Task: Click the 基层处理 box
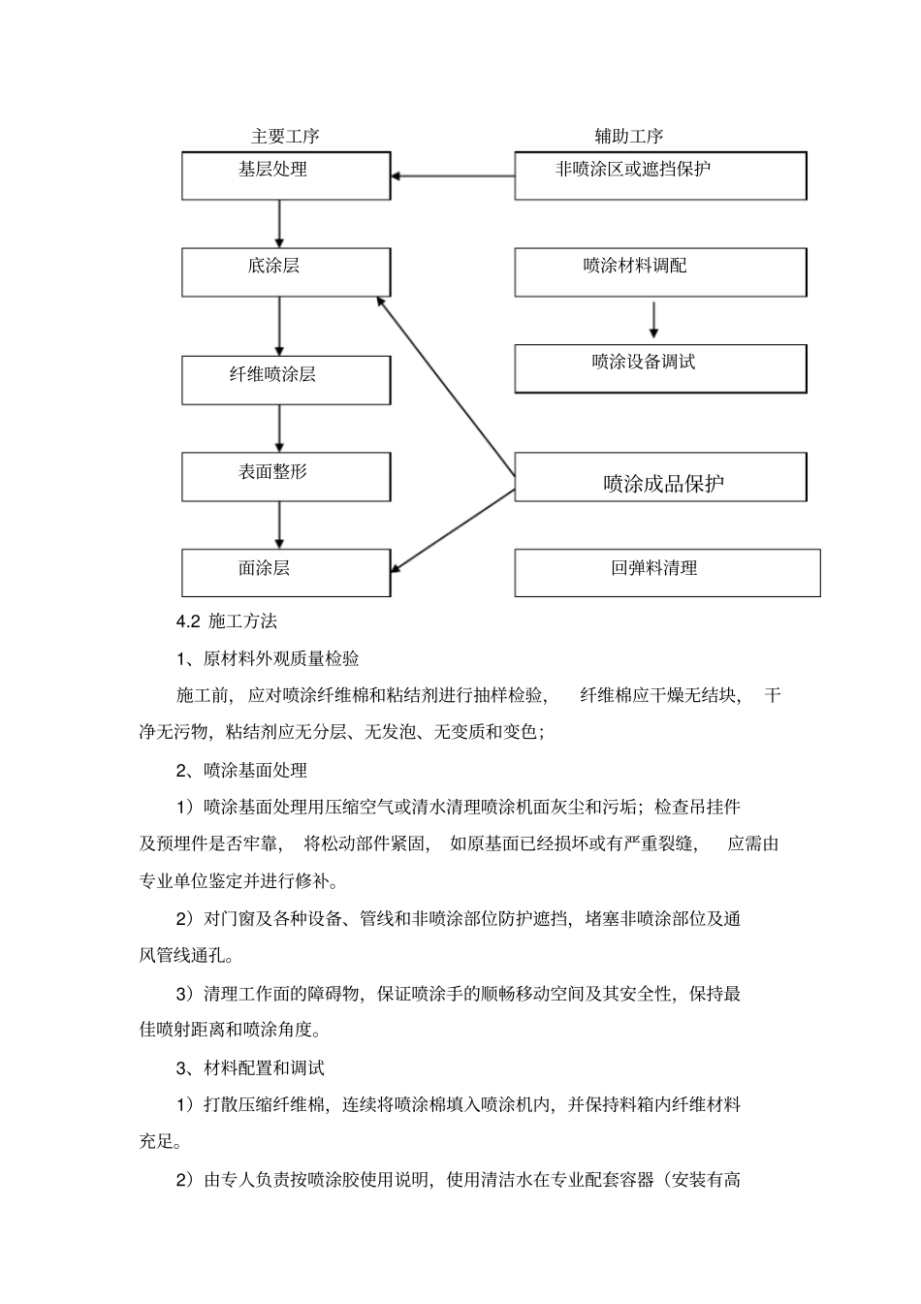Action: point(286,175)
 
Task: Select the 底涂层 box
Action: point(286,271)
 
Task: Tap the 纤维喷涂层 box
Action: point(286,379)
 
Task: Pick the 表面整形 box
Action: point(286,476)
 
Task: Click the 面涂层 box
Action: point(286,572)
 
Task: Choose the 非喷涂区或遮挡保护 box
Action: point(660,175)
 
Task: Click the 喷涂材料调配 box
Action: point(660,271)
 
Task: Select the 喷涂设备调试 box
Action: point(660,368)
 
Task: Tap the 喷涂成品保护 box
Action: point(660,477)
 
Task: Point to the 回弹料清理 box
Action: point(667,572)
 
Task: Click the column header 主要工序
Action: point(285,137)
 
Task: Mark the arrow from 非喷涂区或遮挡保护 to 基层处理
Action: point(453,176)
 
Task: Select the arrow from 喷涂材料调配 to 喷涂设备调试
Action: point(653,320)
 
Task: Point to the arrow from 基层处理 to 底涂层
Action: point(279,224)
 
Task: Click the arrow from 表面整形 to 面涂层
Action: point(279,525)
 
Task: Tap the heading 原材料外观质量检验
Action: point(281,659)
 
